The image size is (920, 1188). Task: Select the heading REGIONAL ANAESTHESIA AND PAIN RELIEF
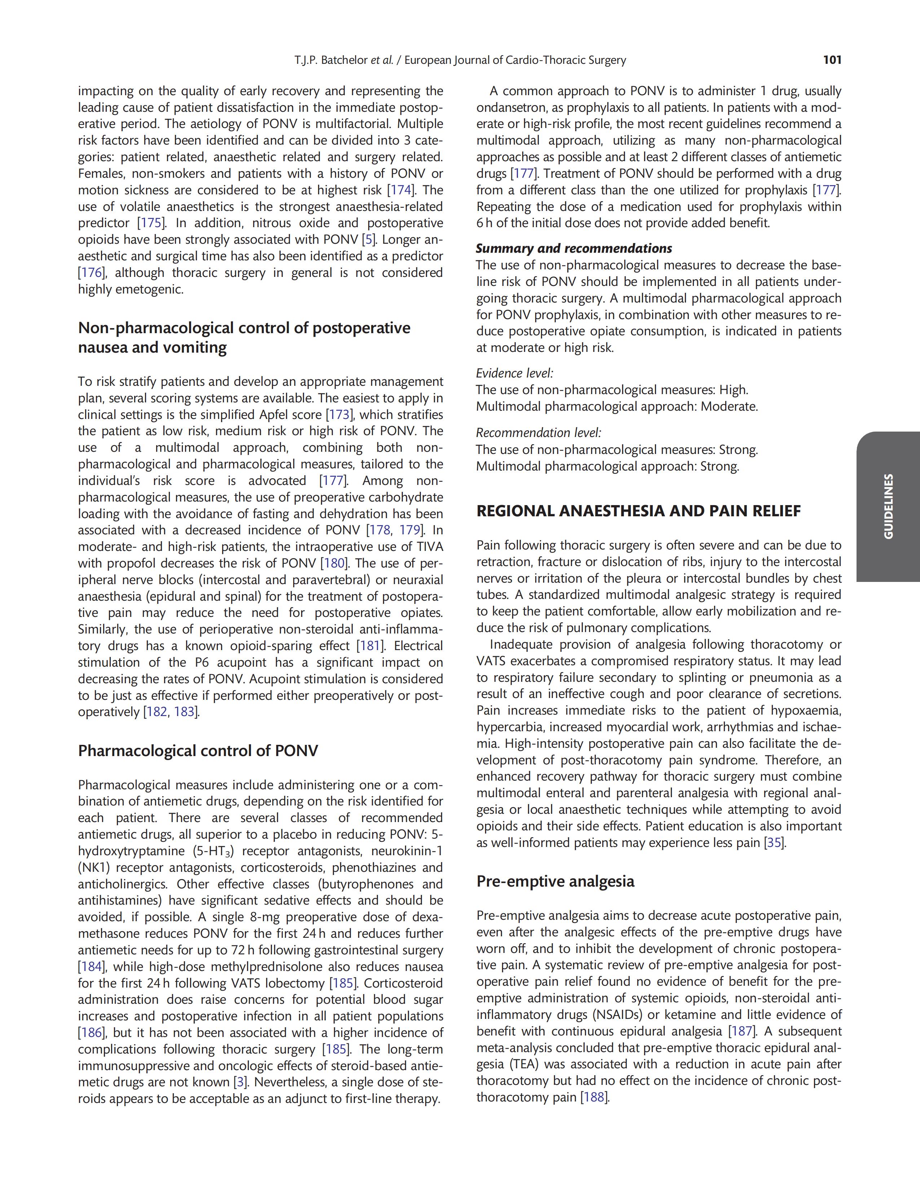[638, 511]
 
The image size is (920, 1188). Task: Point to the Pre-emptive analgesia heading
[555, 881]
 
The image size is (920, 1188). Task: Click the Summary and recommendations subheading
[573, 248]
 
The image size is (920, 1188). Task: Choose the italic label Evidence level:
[514, 373]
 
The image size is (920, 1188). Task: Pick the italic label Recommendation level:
[538, 433]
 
